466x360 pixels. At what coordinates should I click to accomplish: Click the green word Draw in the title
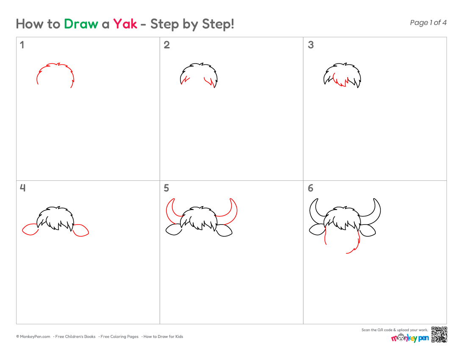(x=81, y=24)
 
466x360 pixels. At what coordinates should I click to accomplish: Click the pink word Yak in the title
(x=125, y=24)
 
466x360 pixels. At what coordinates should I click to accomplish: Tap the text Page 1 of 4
(x=428, y=22)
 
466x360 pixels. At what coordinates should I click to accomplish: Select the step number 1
(x=22, y=45)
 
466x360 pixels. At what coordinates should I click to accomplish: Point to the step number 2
(x=167, y=45)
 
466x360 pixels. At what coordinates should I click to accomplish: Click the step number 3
(x=311, y=45)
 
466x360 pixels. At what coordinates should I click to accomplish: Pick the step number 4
(x=22, y=188)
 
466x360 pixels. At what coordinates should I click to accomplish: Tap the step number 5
(x=166, y=188)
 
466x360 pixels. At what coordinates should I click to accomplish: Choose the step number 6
(x=311, y=188)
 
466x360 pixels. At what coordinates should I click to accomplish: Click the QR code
(x=439, y=335)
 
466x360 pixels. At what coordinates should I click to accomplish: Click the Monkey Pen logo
(x=410, y=338)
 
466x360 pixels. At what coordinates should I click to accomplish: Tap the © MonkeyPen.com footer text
(x=33, y=337)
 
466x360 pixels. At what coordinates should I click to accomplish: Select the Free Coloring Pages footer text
(x=119, y=337)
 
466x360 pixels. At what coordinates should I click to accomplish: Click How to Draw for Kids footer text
(x=163, y=337)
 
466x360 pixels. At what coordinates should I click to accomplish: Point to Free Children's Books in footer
(x=75, y=337)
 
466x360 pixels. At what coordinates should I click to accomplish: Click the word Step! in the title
(x=218, y=24)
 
